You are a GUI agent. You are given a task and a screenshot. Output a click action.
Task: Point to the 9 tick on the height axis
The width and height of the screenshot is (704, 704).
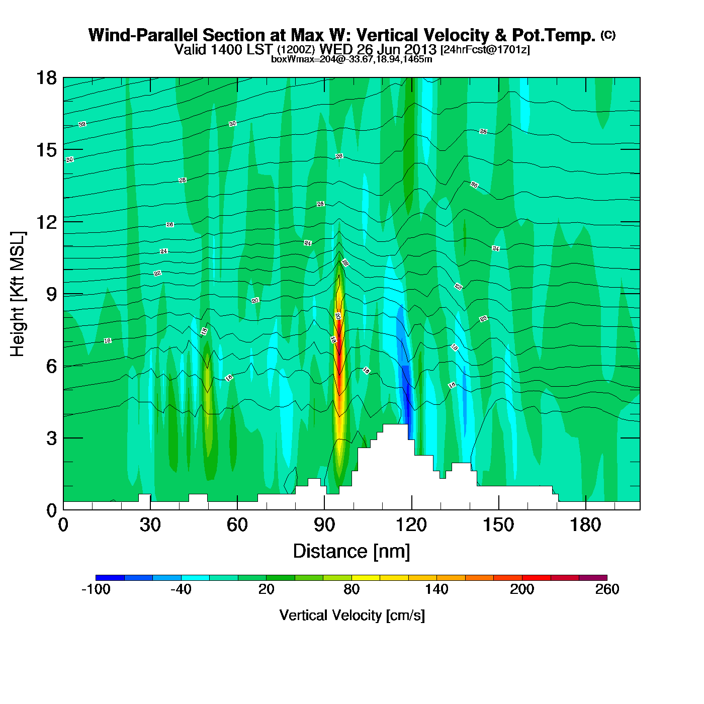coord(51,294)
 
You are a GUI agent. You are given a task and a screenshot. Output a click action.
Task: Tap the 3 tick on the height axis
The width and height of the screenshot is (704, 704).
coord(51,438)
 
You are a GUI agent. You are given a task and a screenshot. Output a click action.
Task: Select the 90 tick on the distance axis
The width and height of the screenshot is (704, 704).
coord(324,525)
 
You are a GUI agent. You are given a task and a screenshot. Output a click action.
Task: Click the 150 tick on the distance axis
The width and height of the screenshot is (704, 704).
coord(498,525)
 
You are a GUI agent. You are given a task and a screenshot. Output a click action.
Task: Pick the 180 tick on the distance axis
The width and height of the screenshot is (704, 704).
coord(585,525)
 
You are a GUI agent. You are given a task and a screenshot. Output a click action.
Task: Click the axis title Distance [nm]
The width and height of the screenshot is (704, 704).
coord(351,552)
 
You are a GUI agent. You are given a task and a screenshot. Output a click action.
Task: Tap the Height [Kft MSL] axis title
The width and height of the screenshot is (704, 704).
coord(18,294)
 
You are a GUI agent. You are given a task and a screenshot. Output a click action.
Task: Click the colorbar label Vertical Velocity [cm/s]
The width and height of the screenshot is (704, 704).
coord(351,615)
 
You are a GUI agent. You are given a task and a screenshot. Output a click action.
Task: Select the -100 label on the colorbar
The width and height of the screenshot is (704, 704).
coord(96,589)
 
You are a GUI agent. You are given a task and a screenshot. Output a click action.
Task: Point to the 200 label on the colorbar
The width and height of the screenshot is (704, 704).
coord(522,589)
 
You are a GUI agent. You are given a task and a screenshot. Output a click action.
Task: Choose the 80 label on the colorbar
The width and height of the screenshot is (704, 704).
coord(351,589)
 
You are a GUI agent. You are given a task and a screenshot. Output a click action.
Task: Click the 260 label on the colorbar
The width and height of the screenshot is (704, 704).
coord(607,589)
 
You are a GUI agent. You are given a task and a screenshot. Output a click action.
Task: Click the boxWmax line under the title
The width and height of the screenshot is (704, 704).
coord(351,59)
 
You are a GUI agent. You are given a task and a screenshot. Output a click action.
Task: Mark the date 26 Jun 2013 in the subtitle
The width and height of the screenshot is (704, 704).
coord(396,49)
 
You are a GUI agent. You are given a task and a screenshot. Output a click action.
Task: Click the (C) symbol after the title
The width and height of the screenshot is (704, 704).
coord(608,35)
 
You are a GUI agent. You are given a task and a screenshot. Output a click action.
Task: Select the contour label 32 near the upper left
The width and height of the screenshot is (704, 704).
coord(82,124)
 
